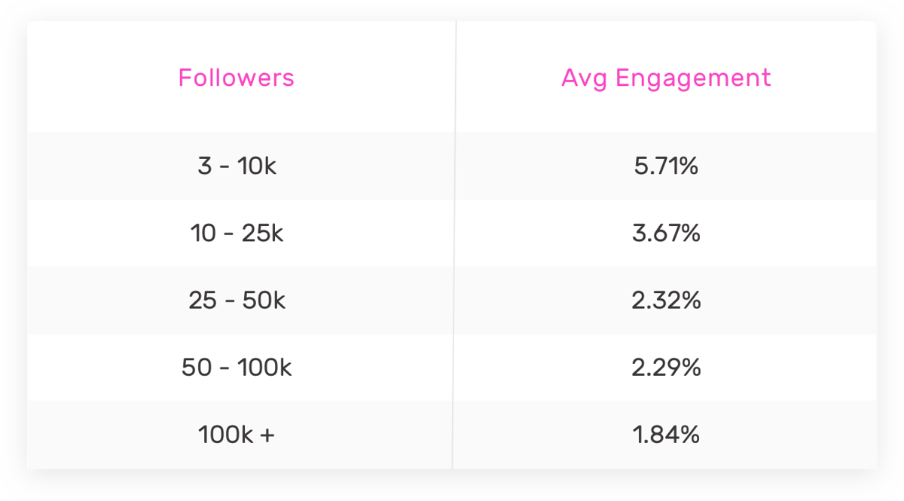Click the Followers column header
click(x=236, y=78)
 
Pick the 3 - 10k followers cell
click(x=237, y=166)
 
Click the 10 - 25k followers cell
click(x=237, y=234)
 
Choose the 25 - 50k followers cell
click(x=237, y=301)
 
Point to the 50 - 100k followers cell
click(x=237, y=368)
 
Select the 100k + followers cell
click(x=237, y=435)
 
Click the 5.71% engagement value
click(x=666, y=166)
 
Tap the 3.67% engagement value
click(x=666, y=234)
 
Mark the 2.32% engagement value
click(x=666, y=301)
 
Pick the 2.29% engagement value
click(x=666, y=368)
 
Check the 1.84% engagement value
click(x=666, y=435)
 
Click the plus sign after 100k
click(x=267, y=435)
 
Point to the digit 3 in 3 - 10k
click(x=204, y=166)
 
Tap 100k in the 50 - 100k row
click(x=264, y=368)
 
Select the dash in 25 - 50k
click(x=228, y=301)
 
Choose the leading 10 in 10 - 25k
click(x=203, y=234)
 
